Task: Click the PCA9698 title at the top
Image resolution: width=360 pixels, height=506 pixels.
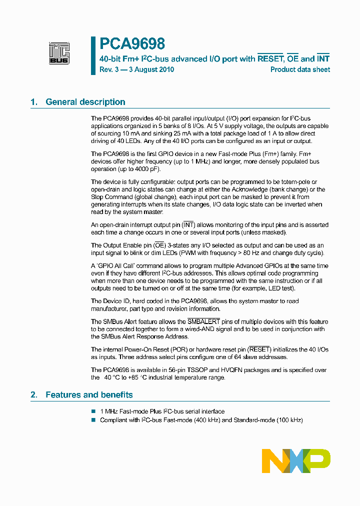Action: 132,44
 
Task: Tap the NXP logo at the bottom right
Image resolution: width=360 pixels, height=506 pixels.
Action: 296,460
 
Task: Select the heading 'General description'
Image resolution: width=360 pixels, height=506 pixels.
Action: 85,102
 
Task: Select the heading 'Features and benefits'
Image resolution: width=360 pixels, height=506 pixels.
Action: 89,395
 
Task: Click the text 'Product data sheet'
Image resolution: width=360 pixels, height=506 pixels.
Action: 300,69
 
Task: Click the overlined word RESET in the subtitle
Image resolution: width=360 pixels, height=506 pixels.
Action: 270,58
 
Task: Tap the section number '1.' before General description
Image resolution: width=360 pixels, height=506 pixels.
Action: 34,102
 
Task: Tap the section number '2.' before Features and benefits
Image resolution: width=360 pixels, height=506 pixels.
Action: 34,395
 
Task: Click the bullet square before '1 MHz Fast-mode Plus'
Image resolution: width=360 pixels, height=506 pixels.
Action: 93,411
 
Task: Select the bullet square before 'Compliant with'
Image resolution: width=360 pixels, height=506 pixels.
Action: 93,420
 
